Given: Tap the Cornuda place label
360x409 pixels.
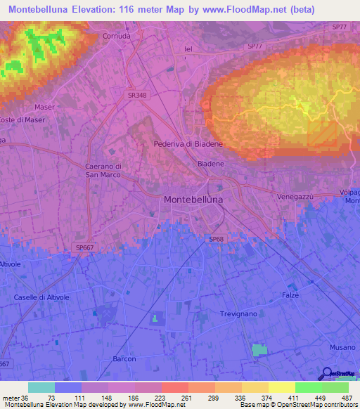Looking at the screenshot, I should pyautogui.click(x=117, y=36).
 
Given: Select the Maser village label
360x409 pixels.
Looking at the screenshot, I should pyautogui.click(x=44, y=107).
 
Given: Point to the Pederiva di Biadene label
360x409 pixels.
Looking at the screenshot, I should pyautogui.click(x=188, y=144).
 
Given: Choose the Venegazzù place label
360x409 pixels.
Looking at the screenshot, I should pyautogui.click(x=295, y=196).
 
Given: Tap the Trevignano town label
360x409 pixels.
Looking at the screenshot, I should pyautogui.click(x=240, y=313).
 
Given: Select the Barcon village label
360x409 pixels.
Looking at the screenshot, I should pyautogui.click(x=124, y=358).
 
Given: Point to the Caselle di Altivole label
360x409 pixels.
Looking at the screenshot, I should pyautogui.click(x=41, y=297).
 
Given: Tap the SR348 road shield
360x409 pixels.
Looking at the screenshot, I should pyautogui.click(x=137, y=94).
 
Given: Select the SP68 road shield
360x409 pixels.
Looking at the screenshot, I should pyautogui.click(x=216, y=239).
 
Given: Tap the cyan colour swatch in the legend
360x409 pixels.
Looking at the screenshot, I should pyautogui.click(x=41, y=387).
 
